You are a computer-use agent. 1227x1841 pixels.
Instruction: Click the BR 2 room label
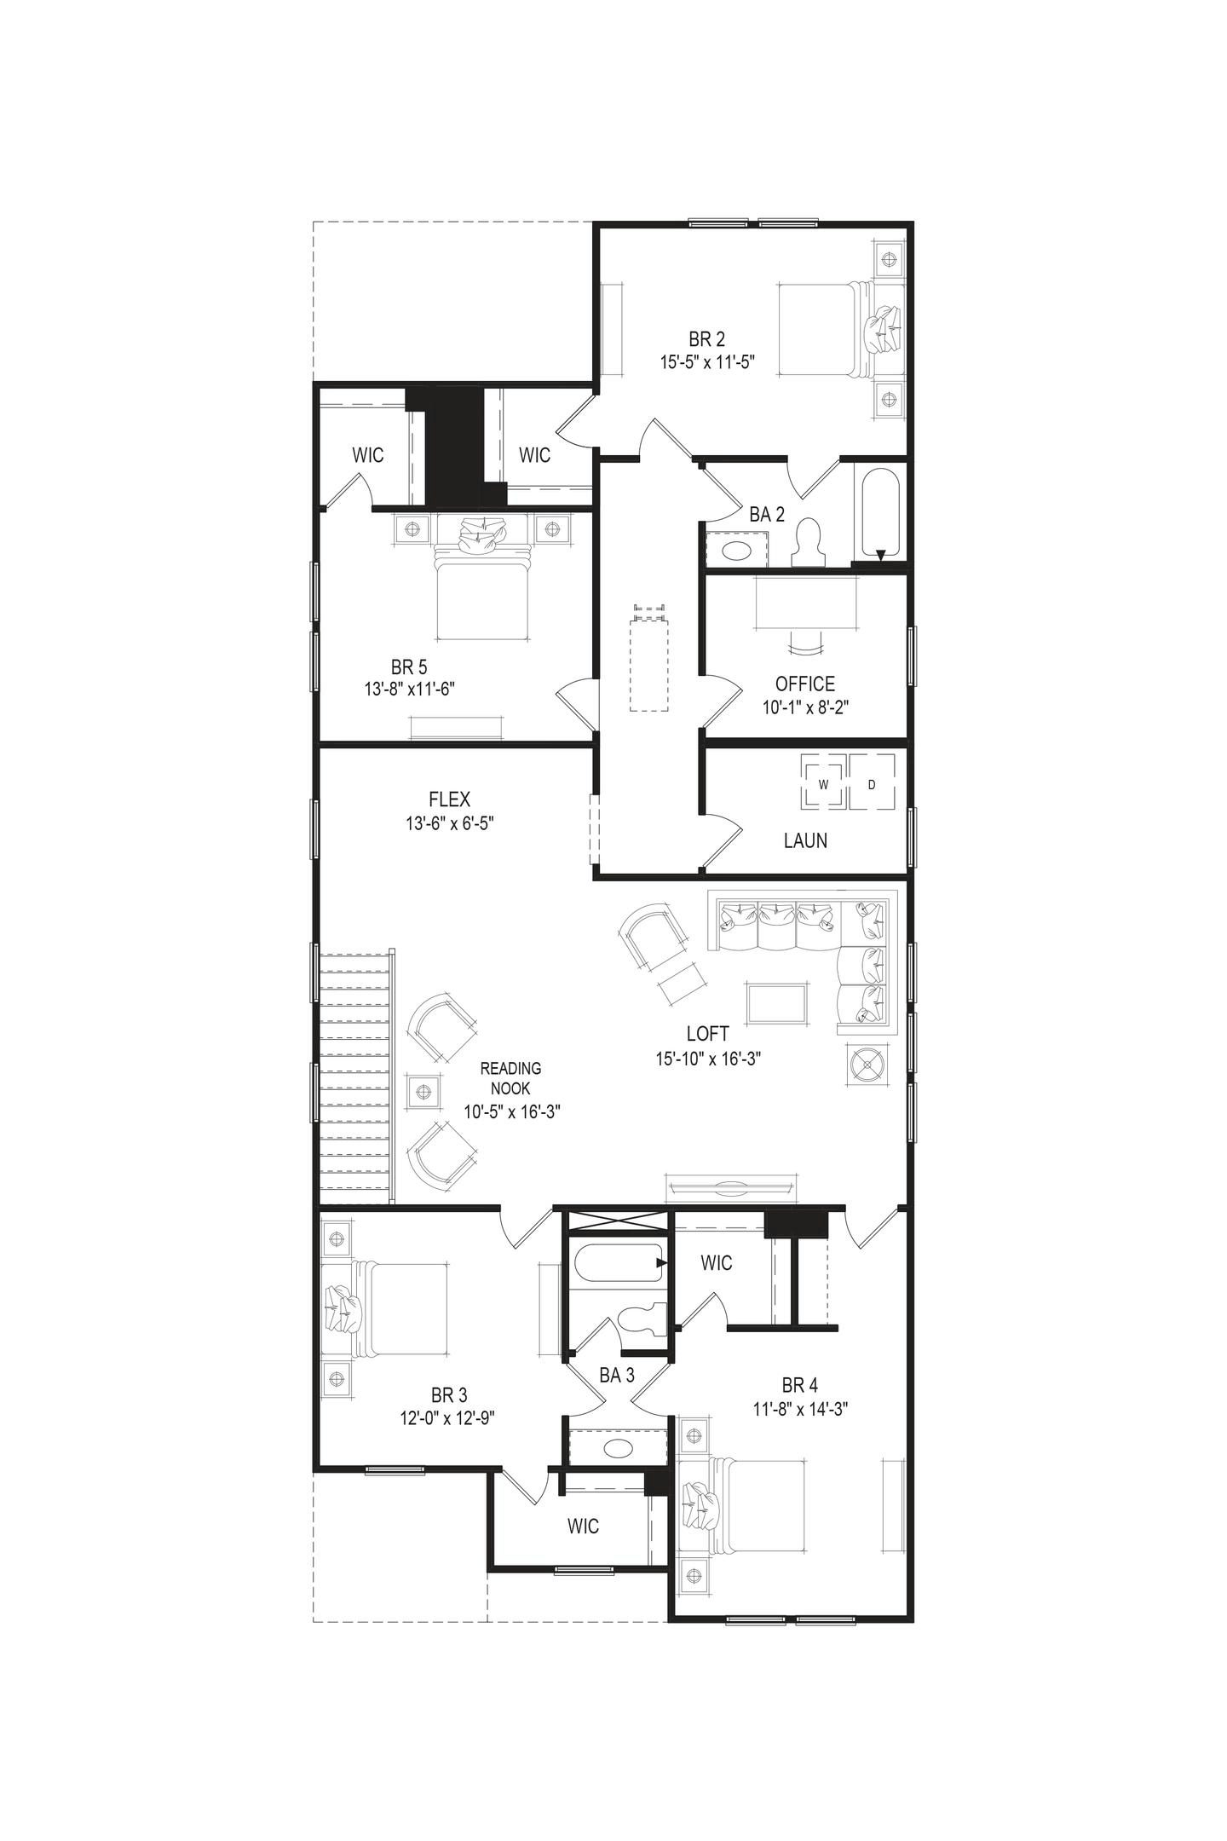[x=707, y=338]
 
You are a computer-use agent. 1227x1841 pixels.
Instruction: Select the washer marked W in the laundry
[x=823, y=783]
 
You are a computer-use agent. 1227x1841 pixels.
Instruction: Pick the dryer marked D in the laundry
[x=872, y=783]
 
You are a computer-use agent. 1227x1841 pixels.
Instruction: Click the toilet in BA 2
[x=809, y=544]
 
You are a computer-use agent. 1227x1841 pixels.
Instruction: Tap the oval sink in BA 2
[x=735, y=549]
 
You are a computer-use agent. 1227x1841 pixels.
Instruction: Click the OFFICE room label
[x=804, y=684]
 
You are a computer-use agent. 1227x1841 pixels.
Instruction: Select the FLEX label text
[x=449, y=799]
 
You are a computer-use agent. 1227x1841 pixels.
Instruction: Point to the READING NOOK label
[x=510, y=1078]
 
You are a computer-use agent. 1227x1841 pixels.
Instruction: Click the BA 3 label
[x=617, y=1375]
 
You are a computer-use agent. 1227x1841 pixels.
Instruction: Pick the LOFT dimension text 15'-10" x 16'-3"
[x=707, y=1059]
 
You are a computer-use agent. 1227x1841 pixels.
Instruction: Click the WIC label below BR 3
[x=583, y=1526]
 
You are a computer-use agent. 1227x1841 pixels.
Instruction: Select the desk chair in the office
[x=805, y=643]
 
